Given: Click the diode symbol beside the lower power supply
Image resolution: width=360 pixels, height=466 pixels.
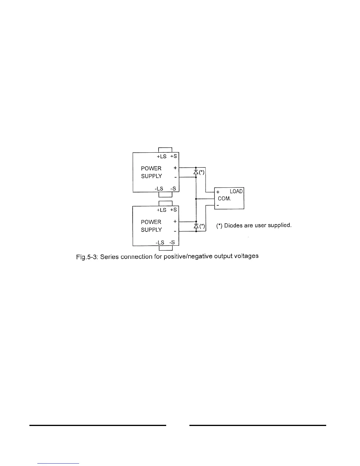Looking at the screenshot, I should tap(196, 226).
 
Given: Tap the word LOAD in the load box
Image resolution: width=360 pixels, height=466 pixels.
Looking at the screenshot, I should tap(236, 192).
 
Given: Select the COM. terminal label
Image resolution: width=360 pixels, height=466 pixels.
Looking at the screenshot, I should tap(224, 199).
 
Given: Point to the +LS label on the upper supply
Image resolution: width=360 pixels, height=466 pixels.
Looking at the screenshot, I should tap(161, 156).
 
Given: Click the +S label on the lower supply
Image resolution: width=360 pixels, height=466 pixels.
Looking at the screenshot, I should tap(174, 210).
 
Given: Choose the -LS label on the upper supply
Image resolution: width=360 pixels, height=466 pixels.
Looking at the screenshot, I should tap(159, 189).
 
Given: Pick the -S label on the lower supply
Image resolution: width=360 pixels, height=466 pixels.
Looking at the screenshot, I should tap(172, 242).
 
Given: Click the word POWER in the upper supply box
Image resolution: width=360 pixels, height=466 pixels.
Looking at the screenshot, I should tap(151, 168).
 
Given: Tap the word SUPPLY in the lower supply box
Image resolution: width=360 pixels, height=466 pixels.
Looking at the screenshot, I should tap(151, 230).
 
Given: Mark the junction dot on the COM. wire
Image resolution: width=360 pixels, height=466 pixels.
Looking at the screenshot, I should tap(196, 199).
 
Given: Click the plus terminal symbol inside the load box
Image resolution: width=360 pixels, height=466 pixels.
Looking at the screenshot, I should tap(218, 192).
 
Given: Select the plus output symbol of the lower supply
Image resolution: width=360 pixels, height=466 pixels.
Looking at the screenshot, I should tap(175, 221).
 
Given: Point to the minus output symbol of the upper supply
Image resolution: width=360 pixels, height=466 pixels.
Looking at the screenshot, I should tap(175, 177).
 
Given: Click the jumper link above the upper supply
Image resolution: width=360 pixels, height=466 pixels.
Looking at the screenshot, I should tap(165, 150).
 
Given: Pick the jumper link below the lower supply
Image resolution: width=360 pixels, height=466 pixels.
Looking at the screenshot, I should tap(165, 248).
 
